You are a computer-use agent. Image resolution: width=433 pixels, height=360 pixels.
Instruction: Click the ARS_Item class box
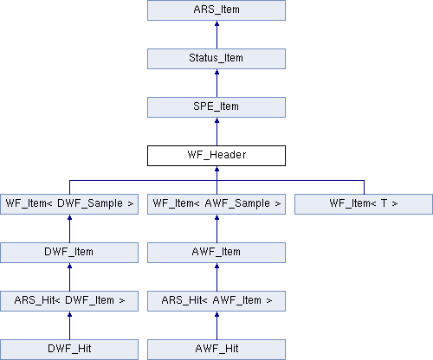(x=216, y=10)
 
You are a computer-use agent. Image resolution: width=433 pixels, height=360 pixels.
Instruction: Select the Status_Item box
(x=216, y=59)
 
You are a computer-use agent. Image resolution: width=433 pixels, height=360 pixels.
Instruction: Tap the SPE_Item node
(x=216, y=107)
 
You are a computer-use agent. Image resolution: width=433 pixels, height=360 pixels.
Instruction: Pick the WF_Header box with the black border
(x=216, y=156)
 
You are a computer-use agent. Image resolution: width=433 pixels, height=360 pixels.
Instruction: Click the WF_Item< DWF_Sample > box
(x=69, y=204)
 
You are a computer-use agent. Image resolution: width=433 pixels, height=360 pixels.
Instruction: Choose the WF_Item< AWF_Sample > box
(x=216, y=204)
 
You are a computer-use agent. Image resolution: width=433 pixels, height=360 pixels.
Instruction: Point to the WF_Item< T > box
(x=364, y=204)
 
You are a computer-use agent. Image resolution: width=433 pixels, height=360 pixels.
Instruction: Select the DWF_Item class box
(x=69, y=253)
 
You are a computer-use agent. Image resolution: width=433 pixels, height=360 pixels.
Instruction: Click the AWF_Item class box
(x=216, y=253)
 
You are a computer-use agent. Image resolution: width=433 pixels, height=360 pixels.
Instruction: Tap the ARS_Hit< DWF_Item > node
(x=69, y=301)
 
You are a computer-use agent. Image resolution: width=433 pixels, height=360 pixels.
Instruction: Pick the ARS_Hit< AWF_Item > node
(x=216, y=301)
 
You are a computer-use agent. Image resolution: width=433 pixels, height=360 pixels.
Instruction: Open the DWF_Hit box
(x=69, y=350)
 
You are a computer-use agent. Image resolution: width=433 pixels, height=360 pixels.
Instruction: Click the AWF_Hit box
(x=216, y=350)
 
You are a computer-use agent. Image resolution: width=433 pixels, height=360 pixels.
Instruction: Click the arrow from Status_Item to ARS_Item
(x=216, y=35)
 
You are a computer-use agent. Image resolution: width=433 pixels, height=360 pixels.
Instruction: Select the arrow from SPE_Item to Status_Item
(x=216, y=83)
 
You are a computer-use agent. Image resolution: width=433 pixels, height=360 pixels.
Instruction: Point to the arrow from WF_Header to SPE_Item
(x=216, y=132)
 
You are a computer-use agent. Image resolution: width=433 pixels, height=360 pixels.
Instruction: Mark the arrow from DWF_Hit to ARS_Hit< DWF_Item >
(x=69, y=325)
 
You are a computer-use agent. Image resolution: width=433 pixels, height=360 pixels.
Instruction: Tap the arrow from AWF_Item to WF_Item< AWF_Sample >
(x=216, y=228)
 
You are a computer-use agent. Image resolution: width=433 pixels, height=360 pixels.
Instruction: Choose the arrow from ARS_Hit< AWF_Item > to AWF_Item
(x=216, y=277)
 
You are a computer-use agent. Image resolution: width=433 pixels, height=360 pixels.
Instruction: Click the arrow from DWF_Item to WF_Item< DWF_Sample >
(x=69, y=228)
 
